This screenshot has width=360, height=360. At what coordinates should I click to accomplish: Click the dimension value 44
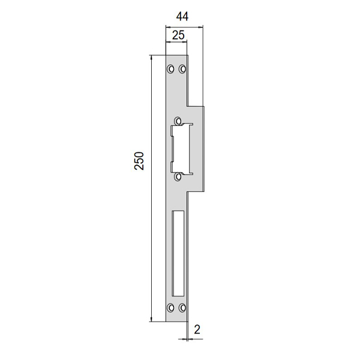[x=182, y=17]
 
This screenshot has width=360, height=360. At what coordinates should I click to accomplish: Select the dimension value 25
[x=178, y=35]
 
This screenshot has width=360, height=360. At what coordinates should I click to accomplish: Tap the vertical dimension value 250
[x=139, y=161]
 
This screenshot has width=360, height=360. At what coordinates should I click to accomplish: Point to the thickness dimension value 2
[x=197, y=329]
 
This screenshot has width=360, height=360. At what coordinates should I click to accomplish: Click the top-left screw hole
[x=170, y=68]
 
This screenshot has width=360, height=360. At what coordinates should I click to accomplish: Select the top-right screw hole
[x=182, y=68]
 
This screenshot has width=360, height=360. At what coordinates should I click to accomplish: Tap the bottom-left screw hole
[x=170, y=308]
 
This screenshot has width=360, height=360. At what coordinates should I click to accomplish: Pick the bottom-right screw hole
[x=182, y=308]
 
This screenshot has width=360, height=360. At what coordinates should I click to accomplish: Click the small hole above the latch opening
[x=178, y=121]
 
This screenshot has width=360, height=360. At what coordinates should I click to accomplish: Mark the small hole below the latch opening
[x=178, y=176]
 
